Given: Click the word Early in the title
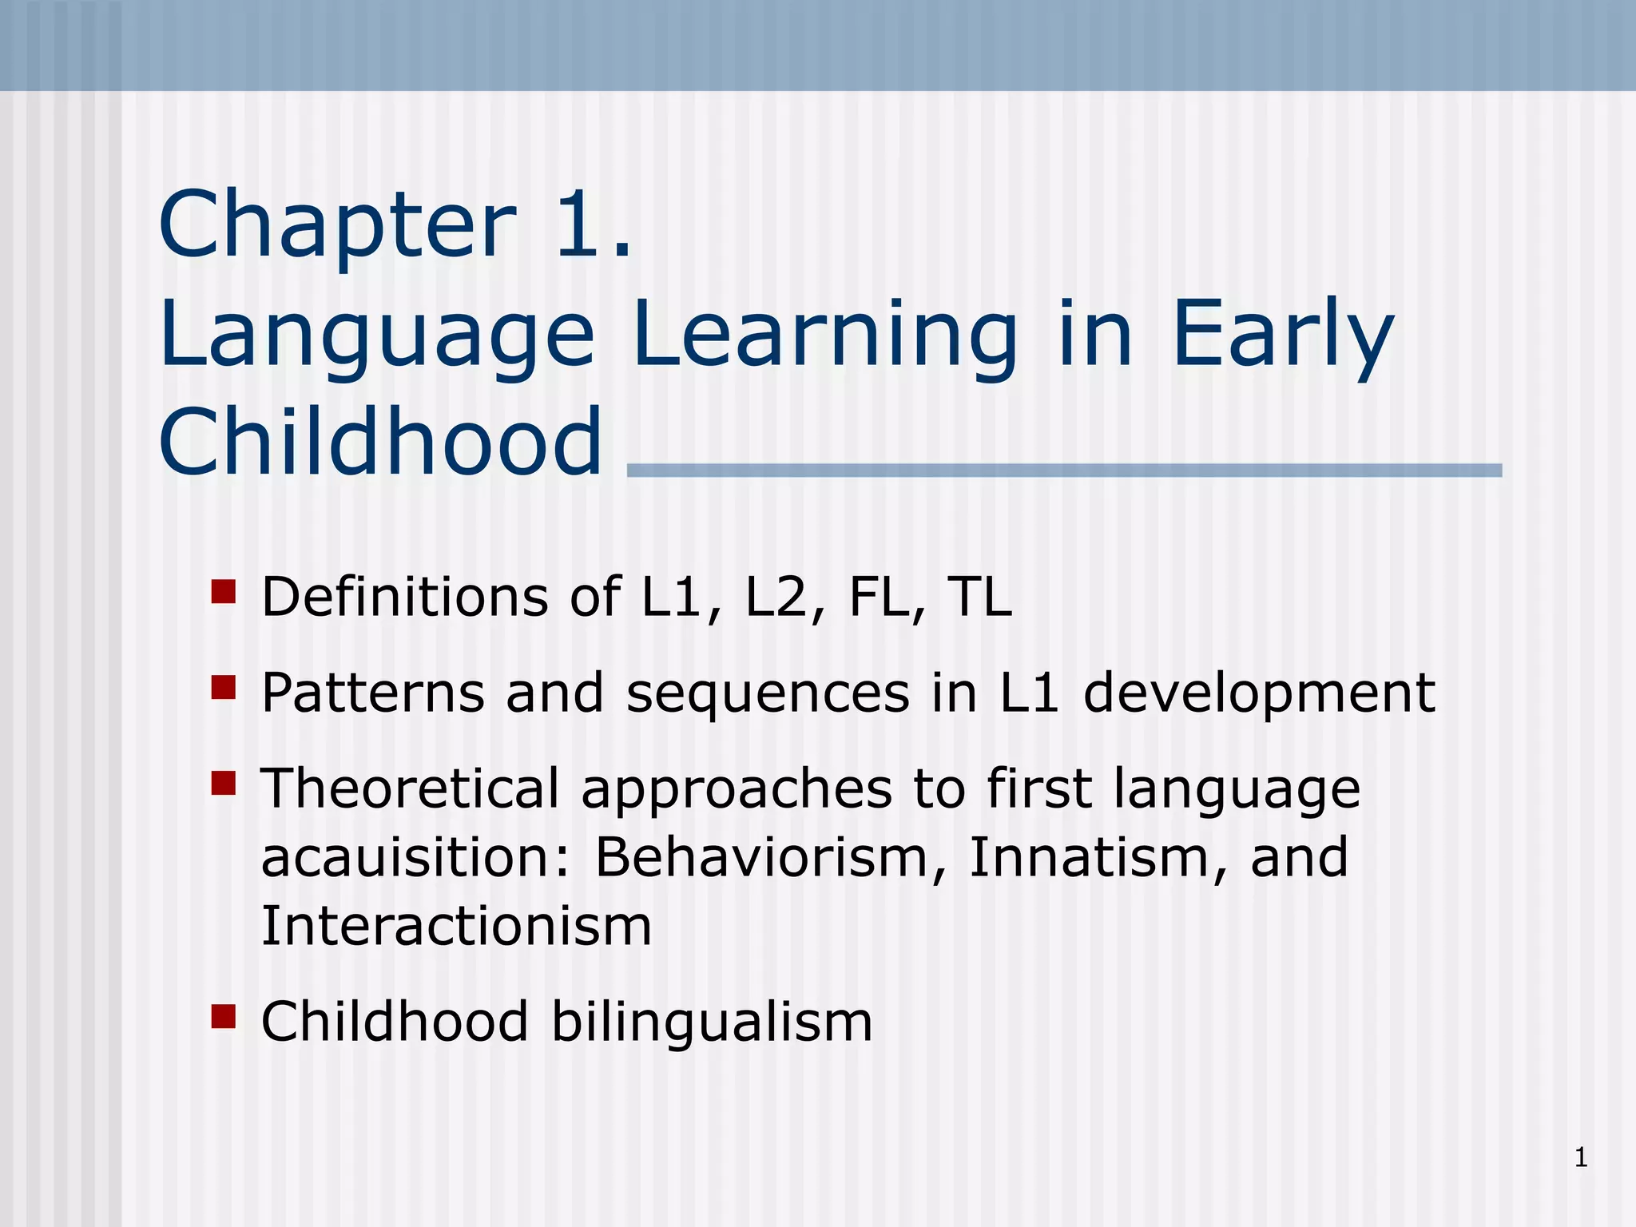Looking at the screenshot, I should pyautogui.click(x=1281, y=336).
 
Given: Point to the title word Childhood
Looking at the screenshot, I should pyautogui.click(x=380, y=443).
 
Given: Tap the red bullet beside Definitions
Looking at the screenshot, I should pyautogui.click(x=224, y=592).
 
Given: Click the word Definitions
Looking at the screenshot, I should pyautogui.click(x=404, y=597).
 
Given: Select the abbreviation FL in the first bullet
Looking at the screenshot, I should pyautogui.click(x=879, y=597).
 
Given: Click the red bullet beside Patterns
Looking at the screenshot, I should pyautogui.click(x=224, y=687).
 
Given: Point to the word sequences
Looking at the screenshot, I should pyautogui.click(x=768, y=693).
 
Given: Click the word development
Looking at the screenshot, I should pyautogui.click(x=1259, y=693).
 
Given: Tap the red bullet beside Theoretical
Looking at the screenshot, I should pyautogui.click(x=224, y=783).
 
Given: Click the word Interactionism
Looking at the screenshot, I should pyautogui.click(x=456, y=927).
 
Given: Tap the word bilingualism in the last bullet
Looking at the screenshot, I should pyautogui.click(x=712, y=1022).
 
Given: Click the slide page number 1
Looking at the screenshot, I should pyautogui.click(x=1581, y=1158).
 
